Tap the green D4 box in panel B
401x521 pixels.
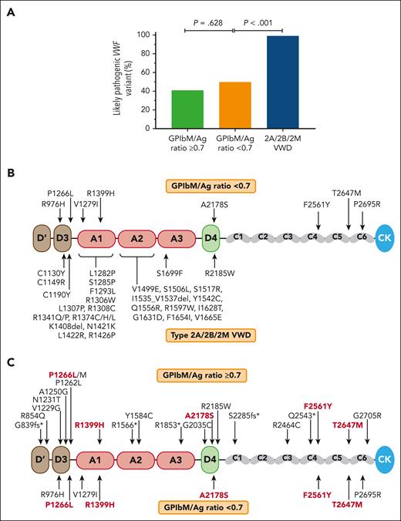pos(211,240)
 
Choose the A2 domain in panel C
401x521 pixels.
pos(137,459)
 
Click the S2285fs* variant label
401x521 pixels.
pos(244,415)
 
